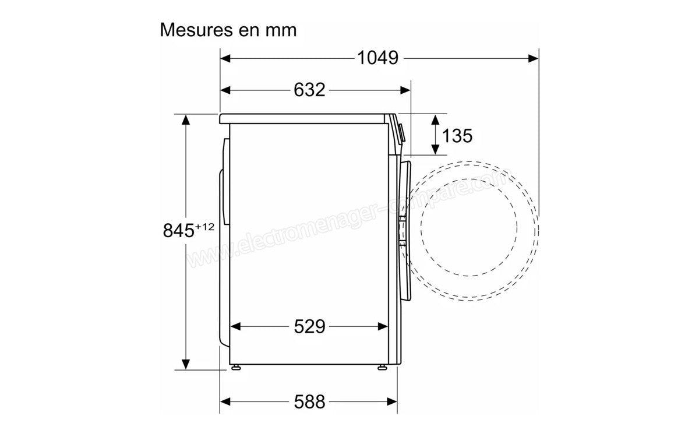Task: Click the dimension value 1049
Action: [377, 58]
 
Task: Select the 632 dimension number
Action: [309, 90]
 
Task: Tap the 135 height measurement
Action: [457, 135]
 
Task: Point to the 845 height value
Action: [178, 231]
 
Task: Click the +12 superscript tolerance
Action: [204, 227]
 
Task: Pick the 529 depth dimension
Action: [309, 327]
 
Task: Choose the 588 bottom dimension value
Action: [309, 401]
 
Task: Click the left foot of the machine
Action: [236, 367]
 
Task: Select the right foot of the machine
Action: [381, 367]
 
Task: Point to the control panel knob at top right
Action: [401, 131]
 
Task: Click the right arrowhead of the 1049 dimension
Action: [533, 58]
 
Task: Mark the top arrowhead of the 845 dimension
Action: [186, 119]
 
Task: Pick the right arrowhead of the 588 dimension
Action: [392, 401]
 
